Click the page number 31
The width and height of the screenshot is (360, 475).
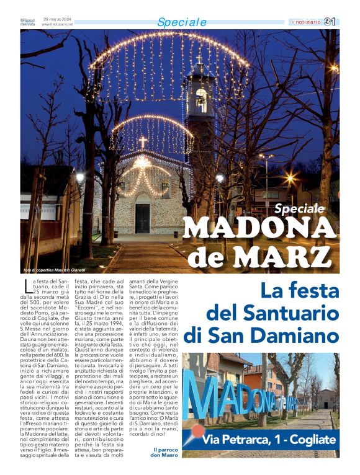click(x=330, y=22)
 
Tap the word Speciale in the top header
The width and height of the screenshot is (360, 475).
click(x=182, y=22)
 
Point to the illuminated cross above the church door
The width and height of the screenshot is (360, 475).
click(x=142, y=142)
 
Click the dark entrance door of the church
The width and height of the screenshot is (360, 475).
click(x=142, y=219)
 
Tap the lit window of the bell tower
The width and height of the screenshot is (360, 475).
click(x=201, y=100)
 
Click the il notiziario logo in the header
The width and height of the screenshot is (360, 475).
click(x=307, y=22)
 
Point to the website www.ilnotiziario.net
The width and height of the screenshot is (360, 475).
click(x=53, y=24)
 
